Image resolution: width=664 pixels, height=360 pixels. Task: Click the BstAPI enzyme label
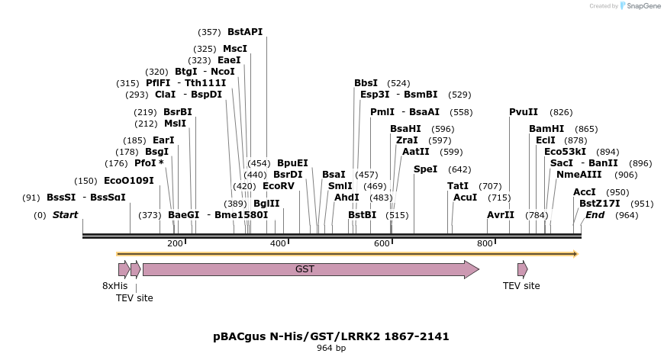(x=244, y=32)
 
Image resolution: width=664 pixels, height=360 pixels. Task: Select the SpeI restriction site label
(x=426, y=169)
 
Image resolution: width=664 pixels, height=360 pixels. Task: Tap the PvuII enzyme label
(x=524, y=112)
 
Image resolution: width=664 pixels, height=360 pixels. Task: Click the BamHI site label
(x=546, y=129)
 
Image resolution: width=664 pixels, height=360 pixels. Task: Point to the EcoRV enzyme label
(x=278, y=185)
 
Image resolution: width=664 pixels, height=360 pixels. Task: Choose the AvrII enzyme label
(x=501, y=215)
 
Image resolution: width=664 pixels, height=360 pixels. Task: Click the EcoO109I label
(x=128, y=181)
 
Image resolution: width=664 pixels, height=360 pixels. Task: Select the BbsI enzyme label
(x=366, y=83)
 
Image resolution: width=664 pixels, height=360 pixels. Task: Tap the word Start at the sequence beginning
(x=65, y=215)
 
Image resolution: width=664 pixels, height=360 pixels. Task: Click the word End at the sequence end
(x=595, y=215)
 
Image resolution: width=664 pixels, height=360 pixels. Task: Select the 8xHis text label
(x=115, y=286)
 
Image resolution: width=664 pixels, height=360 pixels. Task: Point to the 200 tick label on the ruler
(x=175, y=243)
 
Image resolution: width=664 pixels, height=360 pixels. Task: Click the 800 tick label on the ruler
(x=485, y=243)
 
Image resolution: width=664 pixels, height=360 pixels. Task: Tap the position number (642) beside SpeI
(x=459, y=169)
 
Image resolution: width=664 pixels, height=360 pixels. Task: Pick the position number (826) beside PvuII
(x=561, y=112)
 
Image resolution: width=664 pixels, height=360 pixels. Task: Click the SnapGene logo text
(x=643, y=6)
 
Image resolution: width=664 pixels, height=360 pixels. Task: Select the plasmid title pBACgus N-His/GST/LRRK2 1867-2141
(x=331, y=336)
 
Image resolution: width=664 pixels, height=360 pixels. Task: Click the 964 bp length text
(x=331, y=349)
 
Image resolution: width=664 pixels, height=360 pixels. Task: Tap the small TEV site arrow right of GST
(x=522, y=269)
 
